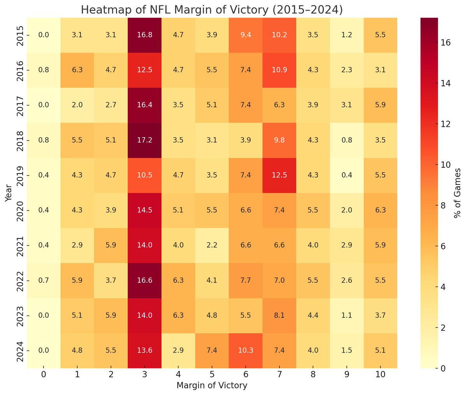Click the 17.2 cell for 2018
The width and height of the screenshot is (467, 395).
pos(144,140)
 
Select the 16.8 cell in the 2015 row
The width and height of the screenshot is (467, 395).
pos(144,35)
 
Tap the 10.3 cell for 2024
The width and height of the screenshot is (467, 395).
pos(246,350)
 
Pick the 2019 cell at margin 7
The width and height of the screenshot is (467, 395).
pos(279,175)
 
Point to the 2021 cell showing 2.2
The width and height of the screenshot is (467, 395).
pos(212,245)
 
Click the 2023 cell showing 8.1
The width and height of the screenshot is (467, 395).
pos(279,315)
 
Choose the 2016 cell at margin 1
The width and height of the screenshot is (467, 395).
pos(77,70)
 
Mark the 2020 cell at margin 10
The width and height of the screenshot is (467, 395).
pos(380,210)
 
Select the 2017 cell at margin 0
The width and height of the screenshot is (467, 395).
pos(44,105)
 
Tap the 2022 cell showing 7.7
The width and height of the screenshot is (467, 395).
pos(246,280)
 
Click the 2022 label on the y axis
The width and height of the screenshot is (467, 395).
pos(20,280)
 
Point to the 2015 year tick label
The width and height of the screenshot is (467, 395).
pos(20,35)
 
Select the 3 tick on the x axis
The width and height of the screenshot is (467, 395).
pos(144,375)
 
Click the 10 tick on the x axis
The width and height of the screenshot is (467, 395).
pos(380,375)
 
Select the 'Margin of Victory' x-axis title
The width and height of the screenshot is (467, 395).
pos(212,386)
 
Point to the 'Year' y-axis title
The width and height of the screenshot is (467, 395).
pos(8,193)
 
